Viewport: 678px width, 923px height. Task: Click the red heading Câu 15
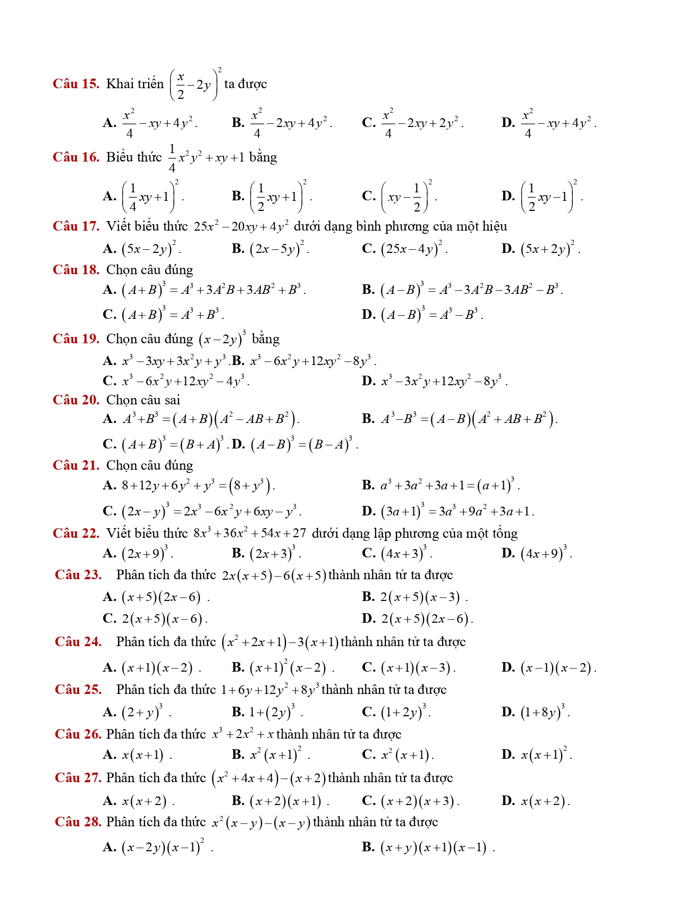[76, 84]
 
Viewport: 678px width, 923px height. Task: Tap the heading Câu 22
[76, 534]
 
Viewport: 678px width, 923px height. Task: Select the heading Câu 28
[78, 822]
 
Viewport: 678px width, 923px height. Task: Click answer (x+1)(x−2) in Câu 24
[157, 667]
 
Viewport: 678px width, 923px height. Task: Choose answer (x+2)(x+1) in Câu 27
[286, 801]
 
